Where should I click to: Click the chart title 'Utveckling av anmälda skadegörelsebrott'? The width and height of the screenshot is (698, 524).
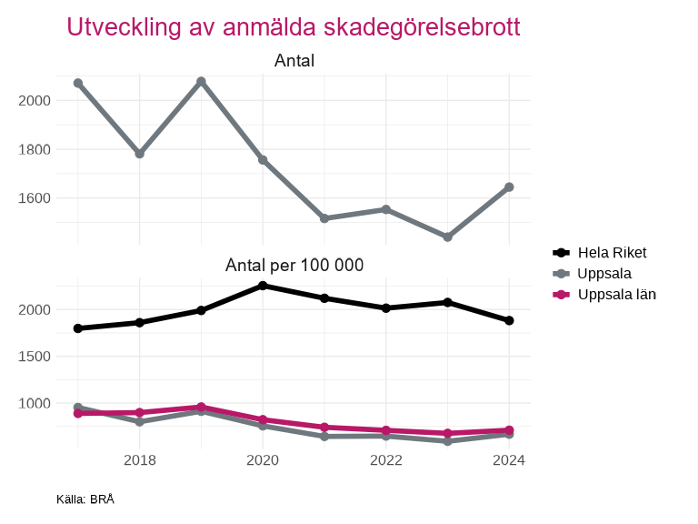click(294, 27)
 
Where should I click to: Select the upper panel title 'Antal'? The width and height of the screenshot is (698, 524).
click(294, 61)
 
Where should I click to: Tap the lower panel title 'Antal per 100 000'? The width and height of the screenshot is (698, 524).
click(294, 266)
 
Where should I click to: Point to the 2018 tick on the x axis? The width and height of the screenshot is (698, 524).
click(139, 460)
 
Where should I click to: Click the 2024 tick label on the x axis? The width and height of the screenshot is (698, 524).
click(509, 460)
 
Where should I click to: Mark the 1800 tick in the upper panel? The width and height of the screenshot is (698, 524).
click(33, 149)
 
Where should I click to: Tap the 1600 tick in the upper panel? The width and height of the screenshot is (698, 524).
click(33, 198)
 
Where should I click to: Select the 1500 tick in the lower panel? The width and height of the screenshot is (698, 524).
click(33, 357)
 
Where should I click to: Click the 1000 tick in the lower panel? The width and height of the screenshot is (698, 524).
click(33, 403)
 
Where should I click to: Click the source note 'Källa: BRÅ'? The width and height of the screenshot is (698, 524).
click(85, 499)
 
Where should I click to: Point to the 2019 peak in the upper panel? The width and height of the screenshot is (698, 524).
click(201, 82)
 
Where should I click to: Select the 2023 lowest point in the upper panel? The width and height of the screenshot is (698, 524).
click(447, 237)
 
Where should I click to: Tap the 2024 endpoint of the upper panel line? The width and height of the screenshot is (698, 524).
click(509, 187)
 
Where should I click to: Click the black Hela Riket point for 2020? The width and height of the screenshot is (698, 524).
click(263, 286)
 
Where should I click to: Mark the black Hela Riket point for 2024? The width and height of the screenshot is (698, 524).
click(509, 320)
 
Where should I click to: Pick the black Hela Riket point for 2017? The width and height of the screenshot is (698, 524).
click(78, 328)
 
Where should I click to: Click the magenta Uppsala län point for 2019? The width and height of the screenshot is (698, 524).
click(201, 408)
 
